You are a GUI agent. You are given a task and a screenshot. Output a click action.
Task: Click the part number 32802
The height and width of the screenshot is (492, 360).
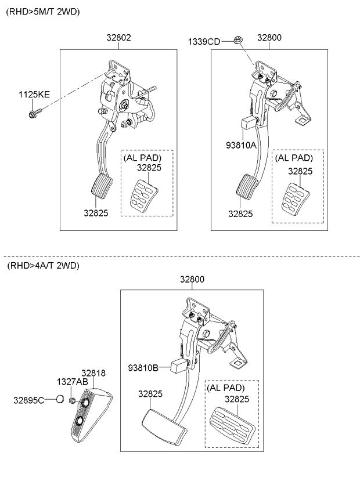coord(118,38)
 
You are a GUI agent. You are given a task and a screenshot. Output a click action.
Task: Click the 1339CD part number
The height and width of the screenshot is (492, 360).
coord(203,41)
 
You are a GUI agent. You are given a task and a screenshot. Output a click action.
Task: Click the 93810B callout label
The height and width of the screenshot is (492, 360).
coord(143,367)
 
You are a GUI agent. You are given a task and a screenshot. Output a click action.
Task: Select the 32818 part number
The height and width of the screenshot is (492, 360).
coord(93,374)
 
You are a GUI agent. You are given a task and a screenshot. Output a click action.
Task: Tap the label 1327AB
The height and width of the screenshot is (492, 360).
coord(72,382)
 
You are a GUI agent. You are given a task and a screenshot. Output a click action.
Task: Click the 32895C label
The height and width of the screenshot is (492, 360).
coord(29,400)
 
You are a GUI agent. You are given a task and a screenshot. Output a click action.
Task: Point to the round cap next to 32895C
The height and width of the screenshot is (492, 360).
coord(59,400)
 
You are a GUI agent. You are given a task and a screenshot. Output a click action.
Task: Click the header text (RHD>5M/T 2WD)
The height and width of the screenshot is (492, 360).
coord(43,12)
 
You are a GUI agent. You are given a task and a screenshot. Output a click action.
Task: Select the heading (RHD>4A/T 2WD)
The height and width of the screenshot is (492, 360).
coord(43,266)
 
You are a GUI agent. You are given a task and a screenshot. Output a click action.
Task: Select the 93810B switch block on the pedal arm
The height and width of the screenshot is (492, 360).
coord(179,366)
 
